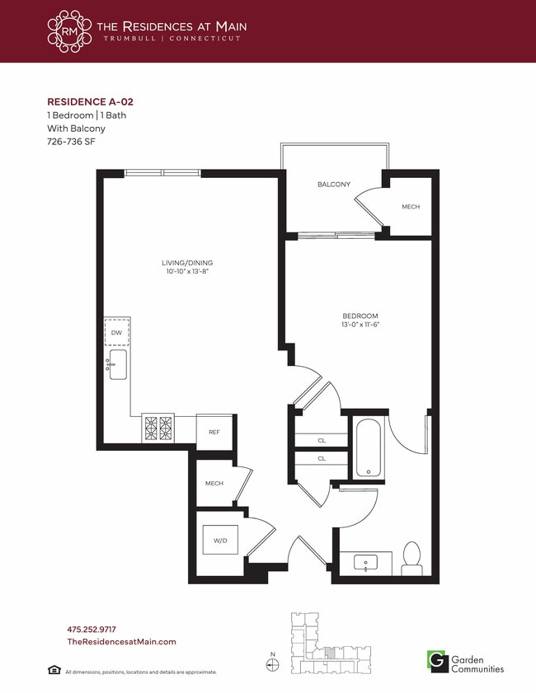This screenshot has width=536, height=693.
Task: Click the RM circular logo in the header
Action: pyautogui.click(x=70, y=31)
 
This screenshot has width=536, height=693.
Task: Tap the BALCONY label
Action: pyautogui.click(x=334, y=185)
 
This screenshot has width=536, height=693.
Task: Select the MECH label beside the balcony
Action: pyautogui.click(x=411, y=207)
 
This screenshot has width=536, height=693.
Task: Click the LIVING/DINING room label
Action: pyautogui.click(x=192, y=263)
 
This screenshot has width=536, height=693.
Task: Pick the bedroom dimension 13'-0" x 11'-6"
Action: pyautogui.click(x=360, y=325)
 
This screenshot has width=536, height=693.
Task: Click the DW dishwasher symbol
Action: pyautogui.click(x=116, y=332)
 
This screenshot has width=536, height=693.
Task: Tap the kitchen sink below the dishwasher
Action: pyautogui.click(x=117, y=364)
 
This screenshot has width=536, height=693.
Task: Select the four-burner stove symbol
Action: pyautogui.click(x=159, y=427)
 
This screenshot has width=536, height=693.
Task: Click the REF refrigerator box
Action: pyautogui.click(x=214, y=432)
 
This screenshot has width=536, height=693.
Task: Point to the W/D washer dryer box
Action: pyautogui.click(x=221, y=541)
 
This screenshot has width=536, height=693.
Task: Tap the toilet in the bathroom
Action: pyautogui.click(x=411, y=558)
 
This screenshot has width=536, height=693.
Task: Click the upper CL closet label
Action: pyautogui.click(x=322, y=441)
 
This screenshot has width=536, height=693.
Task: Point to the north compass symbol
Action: pyautogui.click(x=275, y=663)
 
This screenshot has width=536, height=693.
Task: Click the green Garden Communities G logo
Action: pyautogui.click(x=435, y=660)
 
